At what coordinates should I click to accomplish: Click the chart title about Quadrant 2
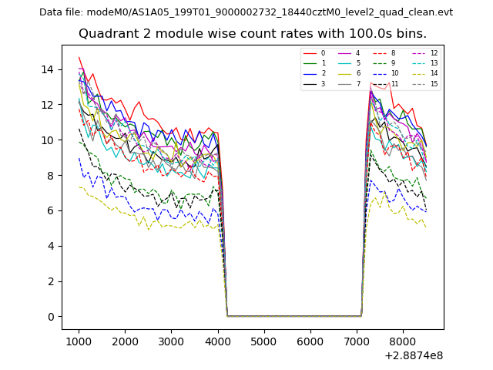pyautogui.click(x=252, y=34)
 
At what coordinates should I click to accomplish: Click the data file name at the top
pyautogui.click(x=246, y=12)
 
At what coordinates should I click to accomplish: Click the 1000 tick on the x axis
pyautogui.click(x=79, y=341)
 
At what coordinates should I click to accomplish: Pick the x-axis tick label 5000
pyautogui.click(x=264, y=341)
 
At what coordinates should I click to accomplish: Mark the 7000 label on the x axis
pyautogui.click(x=357, y=341)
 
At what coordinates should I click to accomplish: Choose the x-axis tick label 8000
pyautogui.click(x=403, y=341)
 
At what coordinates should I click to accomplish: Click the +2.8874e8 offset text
pyautogui.click(x=414, y=355)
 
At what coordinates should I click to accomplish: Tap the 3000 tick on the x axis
pyautogui.click(x=171, y=341)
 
